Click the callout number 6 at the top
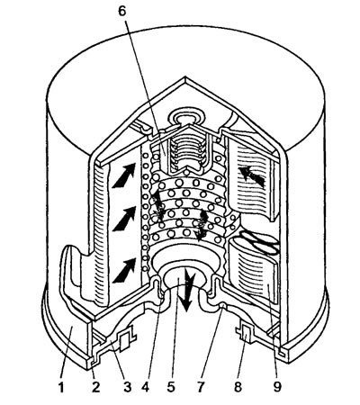122,12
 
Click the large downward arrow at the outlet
188,290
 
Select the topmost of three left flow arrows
123,175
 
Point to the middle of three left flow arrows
123,219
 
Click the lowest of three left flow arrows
123,270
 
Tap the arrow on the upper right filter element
251,177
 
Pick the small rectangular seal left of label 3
124,342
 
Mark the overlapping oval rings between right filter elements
258,241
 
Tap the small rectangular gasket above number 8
246,333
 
